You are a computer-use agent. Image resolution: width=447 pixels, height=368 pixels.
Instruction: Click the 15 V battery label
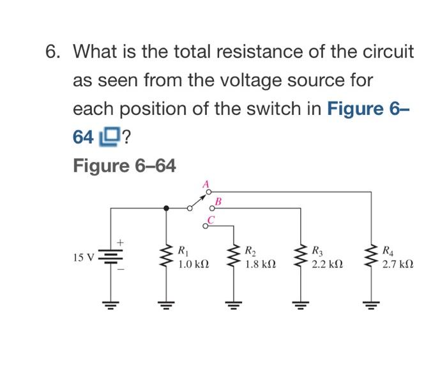tap(83, 258)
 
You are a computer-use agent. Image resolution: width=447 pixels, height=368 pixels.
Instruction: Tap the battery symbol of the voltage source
tap(110, 256)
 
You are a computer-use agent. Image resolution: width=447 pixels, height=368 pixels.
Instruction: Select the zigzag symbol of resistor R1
tap(166, 256)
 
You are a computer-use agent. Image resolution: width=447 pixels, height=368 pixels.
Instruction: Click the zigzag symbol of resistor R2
tap(234, 256)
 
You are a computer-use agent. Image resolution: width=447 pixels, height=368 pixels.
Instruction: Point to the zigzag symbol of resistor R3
tap(301, 256)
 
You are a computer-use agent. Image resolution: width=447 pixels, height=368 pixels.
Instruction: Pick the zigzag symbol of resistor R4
tap(371, 256)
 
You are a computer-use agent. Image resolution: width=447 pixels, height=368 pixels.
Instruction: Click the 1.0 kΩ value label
tap(193, 265)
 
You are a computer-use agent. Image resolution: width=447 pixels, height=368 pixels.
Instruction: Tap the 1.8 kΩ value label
tap(261, 265)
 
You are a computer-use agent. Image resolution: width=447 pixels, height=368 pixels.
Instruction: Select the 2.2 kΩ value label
tap(327, 265)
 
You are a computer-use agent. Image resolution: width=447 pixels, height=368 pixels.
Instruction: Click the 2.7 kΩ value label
tap(398, 265)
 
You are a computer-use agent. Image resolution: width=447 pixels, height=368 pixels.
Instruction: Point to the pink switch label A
tap(206, 184)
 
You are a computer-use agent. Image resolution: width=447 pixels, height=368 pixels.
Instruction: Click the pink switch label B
tap(218, 202)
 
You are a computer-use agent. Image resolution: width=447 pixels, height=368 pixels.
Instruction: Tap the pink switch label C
tap(211, 219)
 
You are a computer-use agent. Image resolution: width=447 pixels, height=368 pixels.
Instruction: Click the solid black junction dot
tap(167, 208)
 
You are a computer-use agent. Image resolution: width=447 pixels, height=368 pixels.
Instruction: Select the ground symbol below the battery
tap(110, 305)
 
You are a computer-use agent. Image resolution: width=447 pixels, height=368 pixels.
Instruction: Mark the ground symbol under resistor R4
tap(371, 305)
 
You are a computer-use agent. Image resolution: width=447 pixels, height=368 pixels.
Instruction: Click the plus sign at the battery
tap(120, 242)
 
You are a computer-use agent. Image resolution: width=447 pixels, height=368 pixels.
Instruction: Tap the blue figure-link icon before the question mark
tap(109, 137)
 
